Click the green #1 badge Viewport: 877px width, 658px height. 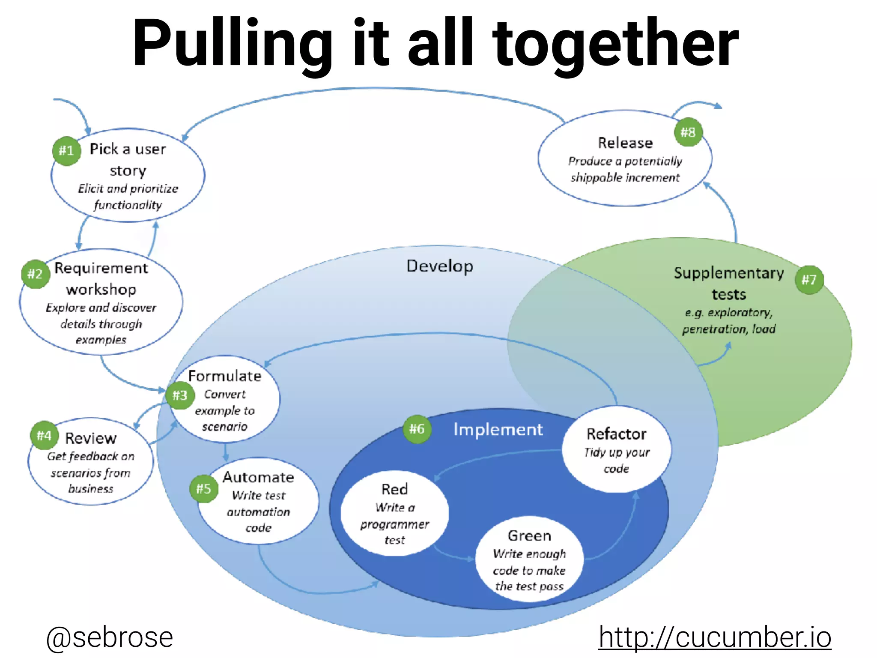tap(66, 151)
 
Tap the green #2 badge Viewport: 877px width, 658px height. tap(35, 274)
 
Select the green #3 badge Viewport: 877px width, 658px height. tap(180, 395)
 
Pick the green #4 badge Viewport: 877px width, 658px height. tap(44, 436)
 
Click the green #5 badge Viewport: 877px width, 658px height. tap(204, 489)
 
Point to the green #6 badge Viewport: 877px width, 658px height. tap(417, 429)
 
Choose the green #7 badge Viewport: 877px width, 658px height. tap(809, 280)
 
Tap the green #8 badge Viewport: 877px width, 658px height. tap(688, 132)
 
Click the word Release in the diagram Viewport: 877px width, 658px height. tap(625, 143)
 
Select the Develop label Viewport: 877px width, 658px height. tap(440, 266)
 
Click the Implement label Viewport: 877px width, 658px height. tap(498, 429)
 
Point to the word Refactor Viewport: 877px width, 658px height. tap(616, 434)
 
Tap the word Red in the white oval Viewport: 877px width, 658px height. tap(394, 489)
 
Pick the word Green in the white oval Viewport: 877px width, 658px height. tap(529, 535)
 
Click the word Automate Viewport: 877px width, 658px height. tap(258, 477)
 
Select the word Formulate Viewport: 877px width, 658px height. tap(225, 376)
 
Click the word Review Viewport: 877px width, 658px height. tap(91, 438)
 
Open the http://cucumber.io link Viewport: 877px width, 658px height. tap(715, 637)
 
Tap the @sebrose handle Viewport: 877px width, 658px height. tap(110, 637)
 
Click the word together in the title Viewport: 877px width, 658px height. tap(615, 43)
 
